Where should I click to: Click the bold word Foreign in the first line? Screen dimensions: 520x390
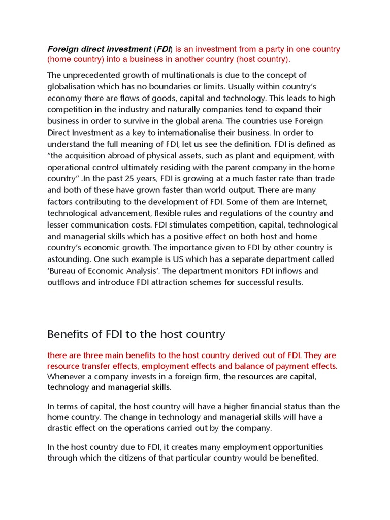62,49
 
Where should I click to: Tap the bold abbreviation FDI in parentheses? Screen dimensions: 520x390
164,49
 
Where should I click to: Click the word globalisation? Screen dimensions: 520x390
72,87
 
